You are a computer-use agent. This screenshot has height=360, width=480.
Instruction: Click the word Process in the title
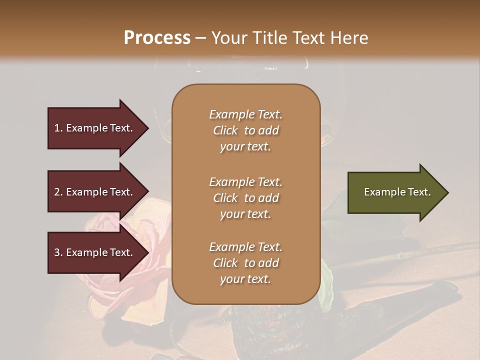[157, 38]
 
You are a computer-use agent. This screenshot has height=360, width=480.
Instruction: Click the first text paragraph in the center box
[245, 130]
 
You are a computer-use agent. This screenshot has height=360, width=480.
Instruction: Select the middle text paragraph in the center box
[245, 198]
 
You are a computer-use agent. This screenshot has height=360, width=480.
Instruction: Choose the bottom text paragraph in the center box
[245, 263]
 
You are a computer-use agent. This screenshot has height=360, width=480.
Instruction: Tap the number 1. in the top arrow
[58, 128]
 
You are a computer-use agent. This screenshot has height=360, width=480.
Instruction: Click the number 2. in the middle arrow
[58, 192]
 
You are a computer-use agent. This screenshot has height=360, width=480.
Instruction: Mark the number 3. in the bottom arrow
[58, 252]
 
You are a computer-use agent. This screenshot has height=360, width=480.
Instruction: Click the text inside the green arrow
[397, 192]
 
